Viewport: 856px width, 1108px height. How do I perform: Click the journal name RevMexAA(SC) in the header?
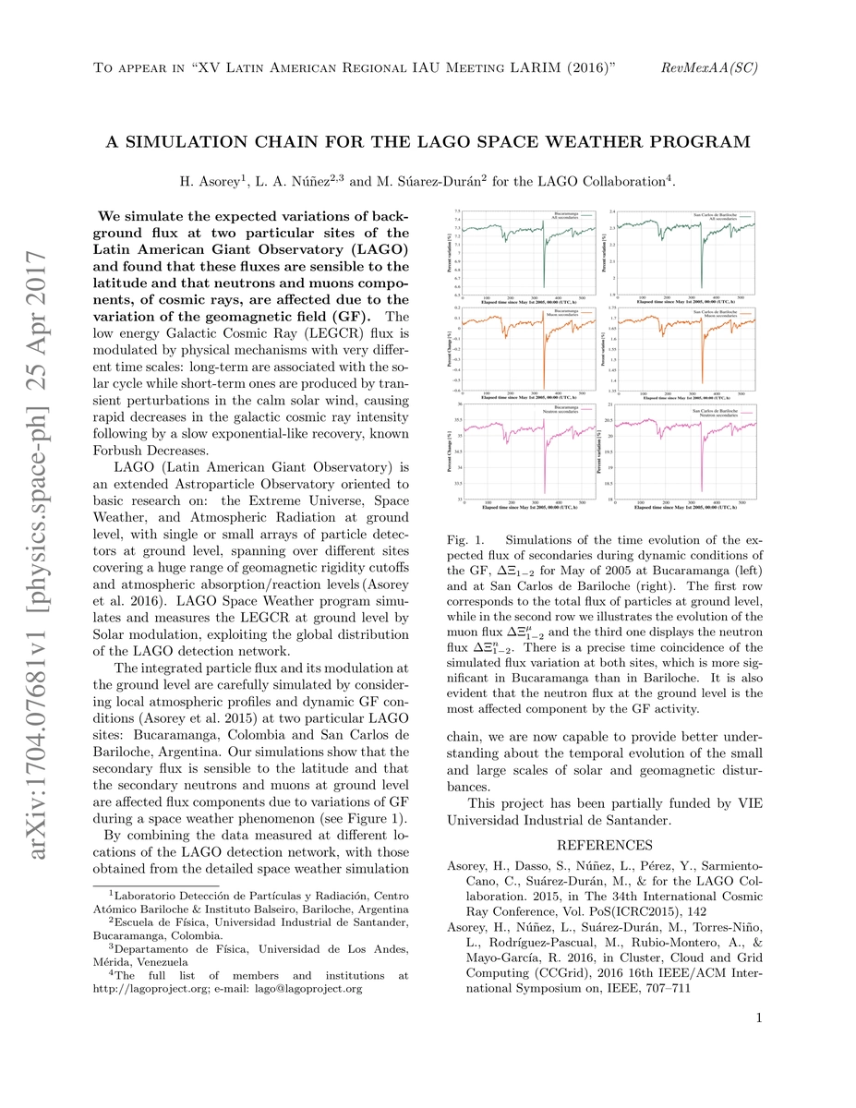tap(710, 69)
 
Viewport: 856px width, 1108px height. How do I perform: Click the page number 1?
tap(757, 1018)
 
